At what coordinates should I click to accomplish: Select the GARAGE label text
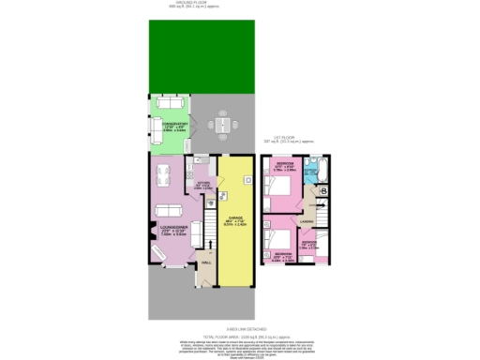[238, 216]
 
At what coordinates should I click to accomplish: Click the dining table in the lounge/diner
[162, 174]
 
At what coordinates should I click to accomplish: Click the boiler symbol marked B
[322, 192]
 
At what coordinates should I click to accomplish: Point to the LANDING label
[306, 222]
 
